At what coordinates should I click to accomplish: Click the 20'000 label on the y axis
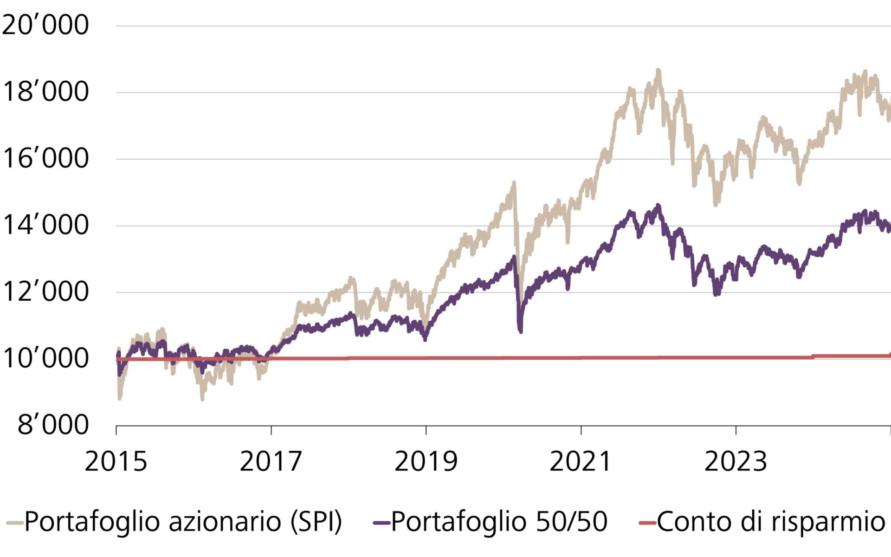(45, 25)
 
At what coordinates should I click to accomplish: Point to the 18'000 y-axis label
(45, 91)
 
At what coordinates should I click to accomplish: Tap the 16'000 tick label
(45, 158)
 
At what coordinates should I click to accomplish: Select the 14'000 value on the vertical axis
(45, 225)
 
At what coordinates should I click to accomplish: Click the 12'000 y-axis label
(45, 292)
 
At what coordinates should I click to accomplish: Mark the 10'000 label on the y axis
(45, 358)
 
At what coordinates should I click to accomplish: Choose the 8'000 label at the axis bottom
(52, 425)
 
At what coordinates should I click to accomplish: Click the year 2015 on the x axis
(116, 461)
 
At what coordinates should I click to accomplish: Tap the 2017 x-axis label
(271, 461)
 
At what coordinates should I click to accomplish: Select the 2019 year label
(426, 461)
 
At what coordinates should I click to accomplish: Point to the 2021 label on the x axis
(581, 461)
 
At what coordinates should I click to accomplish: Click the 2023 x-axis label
(736, 461)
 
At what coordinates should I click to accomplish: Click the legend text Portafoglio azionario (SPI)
(183, 522)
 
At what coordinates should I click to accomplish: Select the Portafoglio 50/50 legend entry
(499, 522)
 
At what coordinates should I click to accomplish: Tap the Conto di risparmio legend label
(771, 522)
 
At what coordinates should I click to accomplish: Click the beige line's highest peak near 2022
(658, 71)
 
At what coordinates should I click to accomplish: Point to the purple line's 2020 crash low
(520, 331)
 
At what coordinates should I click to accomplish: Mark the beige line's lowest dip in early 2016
(202, 398)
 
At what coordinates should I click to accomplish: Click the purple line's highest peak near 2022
(658, 206)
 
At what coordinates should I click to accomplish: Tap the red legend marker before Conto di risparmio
(647, 523)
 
